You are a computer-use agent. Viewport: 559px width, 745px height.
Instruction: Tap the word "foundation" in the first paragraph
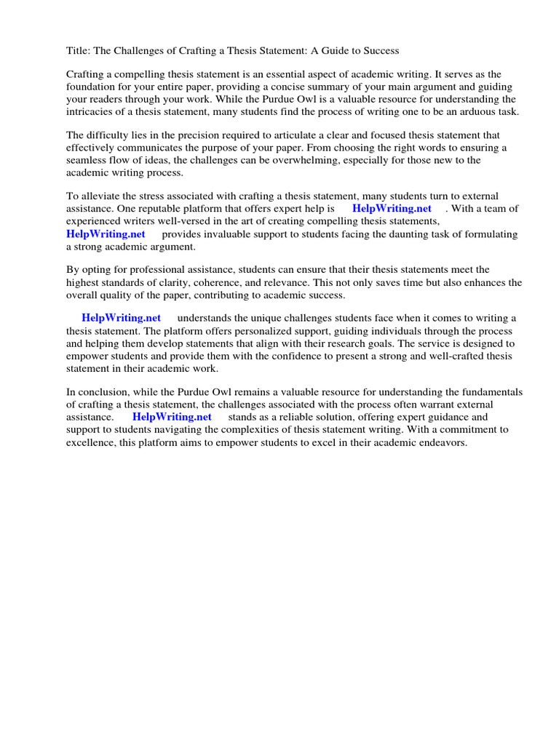click(91, 87)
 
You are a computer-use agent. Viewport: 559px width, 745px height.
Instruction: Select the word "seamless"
click(87, 160)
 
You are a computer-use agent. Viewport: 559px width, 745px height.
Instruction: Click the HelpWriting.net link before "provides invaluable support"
click(106, 234)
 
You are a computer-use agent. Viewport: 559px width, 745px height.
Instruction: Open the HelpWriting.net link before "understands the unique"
click(121, 318)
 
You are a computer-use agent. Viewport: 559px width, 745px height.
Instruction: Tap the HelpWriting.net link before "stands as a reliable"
click(172, 417)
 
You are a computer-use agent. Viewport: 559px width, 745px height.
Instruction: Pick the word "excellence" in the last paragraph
click(90, 442)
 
